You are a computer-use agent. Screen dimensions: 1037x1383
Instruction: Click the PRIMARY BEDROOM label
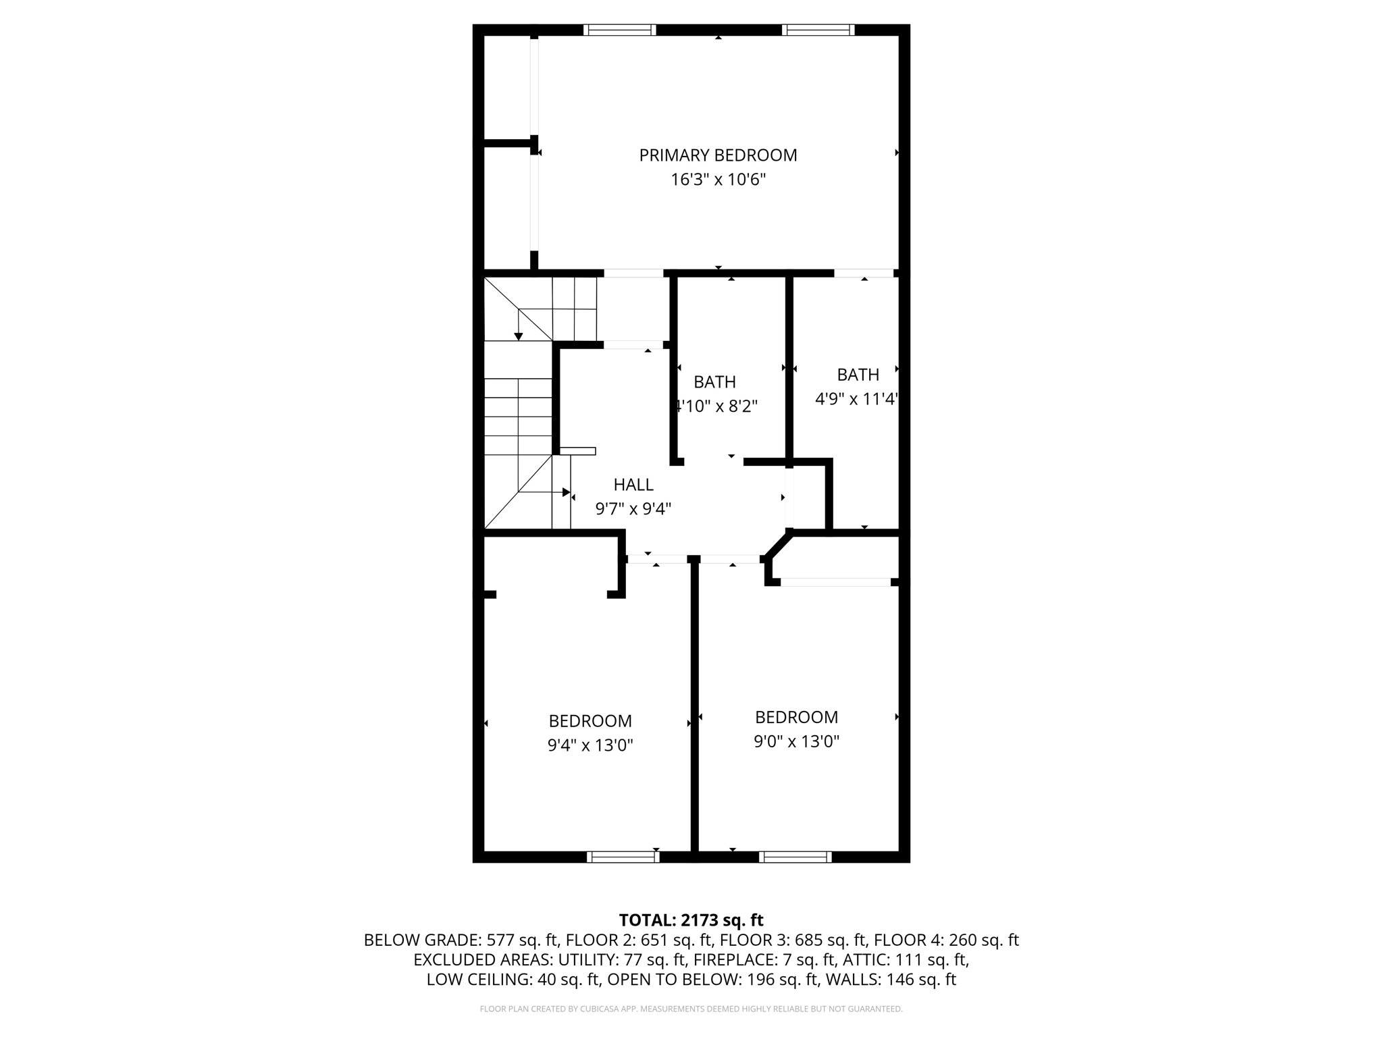point(718,155)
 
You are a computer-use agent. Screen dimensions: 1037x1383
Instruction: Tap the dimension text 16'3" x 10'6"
point(718,180)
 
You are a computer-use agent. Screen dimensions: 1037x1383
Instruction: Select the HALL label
point(633,485)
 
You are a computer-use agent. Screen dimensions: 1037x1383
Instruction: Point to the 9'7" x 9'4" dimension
point(633,509)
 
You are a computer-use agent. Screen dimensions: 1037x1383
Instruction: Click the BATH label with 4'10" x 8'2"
point(714,382)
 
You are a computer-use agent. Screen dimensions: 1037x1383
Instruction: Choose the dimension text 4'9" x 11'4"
point(856,399)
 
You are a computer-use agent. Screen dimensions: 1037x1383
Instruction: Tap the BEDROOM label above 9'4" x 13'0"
point(590,721)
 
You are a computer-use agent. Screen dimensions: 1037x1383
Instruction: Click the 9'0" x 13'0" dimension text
point(796,741)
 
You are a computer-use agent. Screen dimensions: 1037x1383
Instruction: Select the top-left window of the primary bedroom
point(619,30)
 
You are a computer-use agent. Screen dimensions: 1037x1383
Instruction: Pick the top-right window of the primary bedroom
point(818,30)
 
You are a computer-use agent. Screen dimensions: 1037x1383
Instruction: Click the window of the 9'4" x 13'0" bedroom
point(623,857)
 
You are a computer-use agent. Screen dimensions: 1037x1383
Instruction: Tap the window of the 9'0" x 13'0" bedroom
point(795,857)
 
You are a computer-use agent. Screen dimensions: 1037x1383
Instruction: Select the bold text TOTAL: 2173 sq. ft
point(691,920)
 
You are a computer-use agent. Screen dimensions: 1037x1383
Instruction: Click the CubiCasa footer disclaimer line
point(691,1009)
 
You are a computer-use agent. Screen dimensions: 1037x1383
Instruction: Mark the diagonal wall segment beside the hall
point(777,546)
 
